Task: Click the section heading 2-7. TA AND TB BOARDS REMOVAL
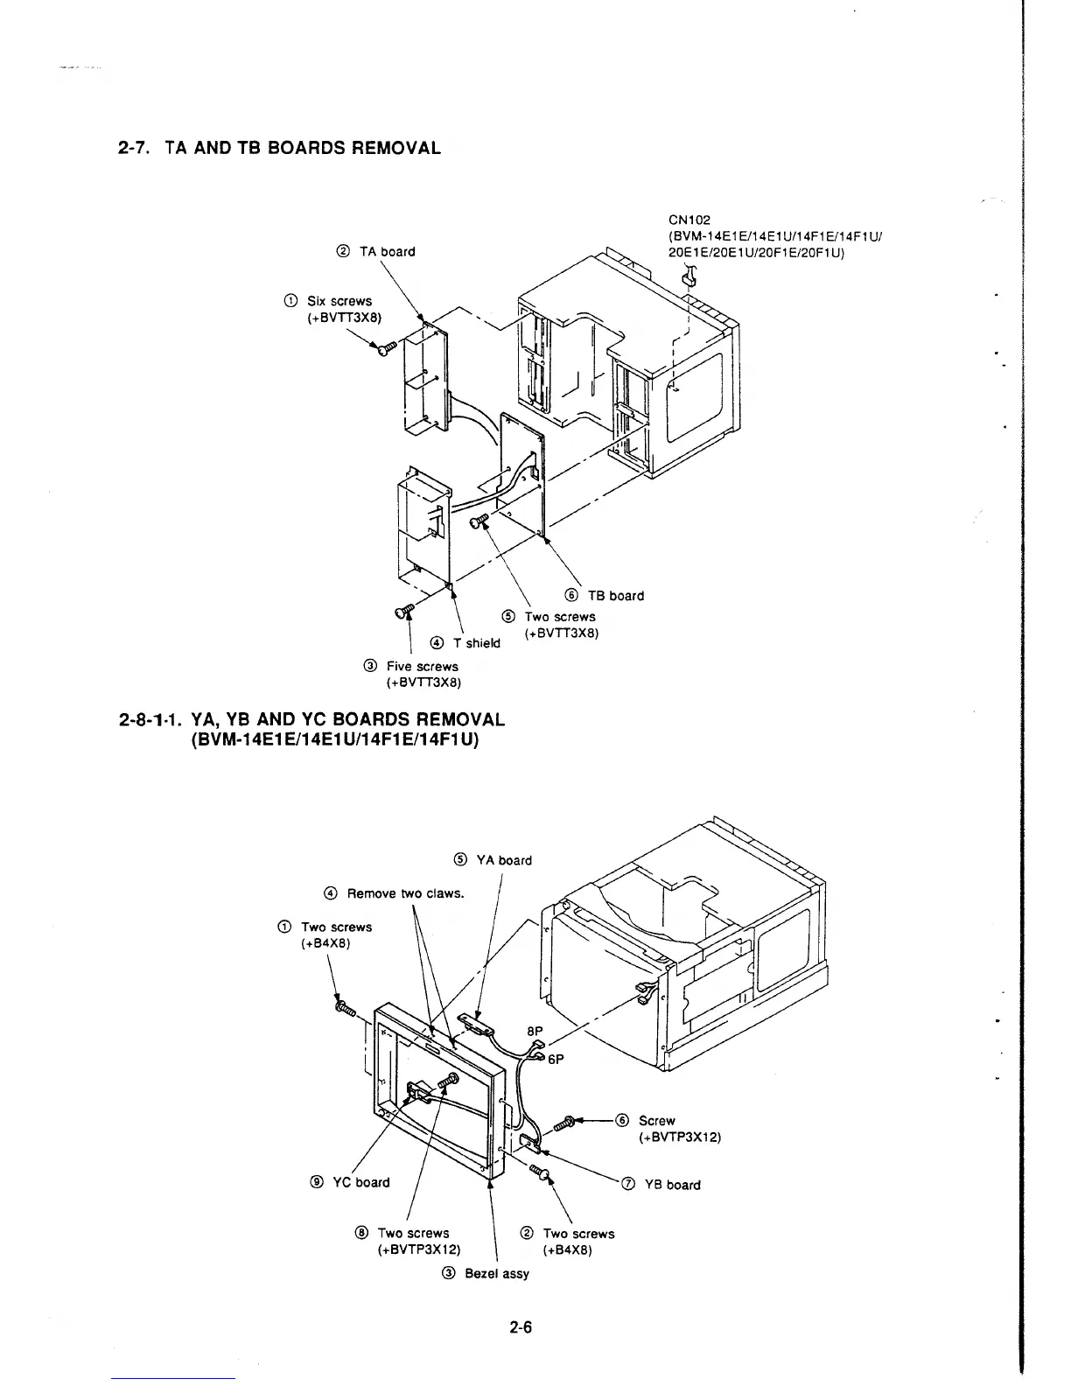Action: click(279, 148)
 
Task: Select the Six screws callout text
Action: click(339, 301)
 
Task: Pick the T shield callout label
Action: click(466, 643)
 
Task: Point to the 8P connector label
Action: click(535, 1032)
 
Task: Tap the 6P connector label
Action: click(556, 1059)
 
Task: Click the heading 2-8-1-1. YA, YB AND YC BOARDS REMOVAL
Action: click(311, 720)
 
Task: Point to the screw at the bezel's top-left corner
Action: click(344, 1010)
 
